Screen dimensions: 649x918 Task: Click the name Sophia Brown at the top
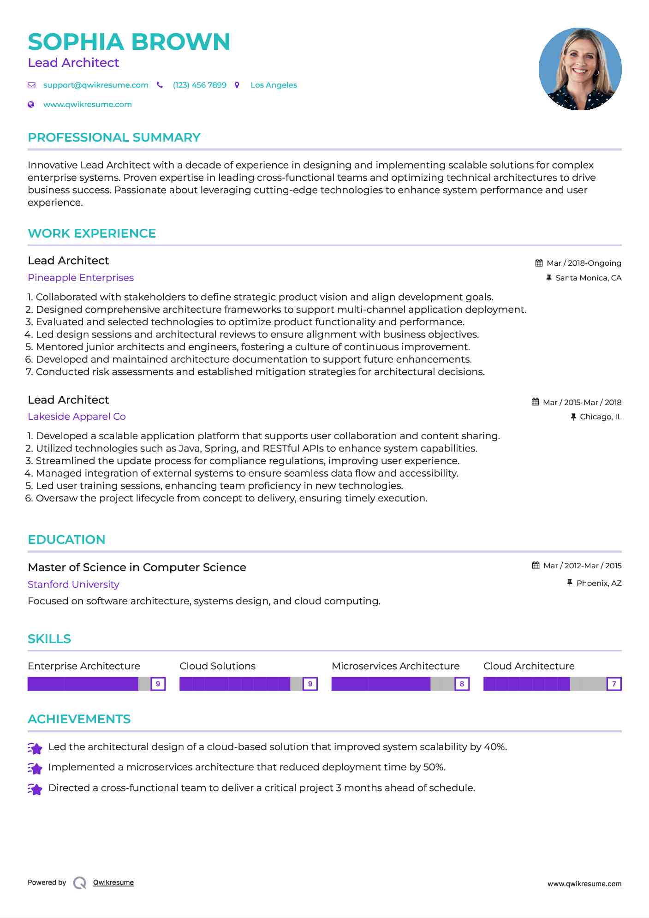click(x=129, y=42)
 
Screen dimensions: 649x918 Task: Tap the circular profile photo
click(x=580, y=69)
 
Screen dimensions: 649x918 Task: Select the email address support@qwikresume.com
click(x=96, y=85)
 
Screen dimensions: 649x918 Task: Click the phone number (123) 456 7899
click(x=199, y=85)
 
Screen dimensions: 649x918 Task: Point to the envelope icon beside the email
click(x=31, y=85)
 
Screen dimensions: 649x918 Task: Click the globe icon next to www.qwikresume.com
click(x=31, y=105)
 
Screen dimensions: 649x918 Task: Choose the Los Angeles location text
click(x=274, y=85)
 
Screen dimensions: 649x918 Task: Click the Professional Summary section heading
click(x=114, y=137)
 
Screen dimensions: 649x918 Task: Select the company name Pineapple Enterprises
click(x=81, y=278)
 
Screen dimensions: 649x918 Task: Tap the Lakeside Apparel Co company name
click(x=77, y=417)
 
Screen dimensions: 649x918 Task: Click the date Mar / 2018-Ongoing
click(x=584, y=263)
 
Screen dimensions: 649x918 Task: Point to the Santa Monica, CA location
click(x=588, y=278)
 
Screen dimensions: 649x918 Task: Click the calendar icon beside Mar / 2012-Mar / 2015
click(x=536, y=566)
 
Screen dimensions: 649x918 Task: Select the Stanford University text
click(x=73, y=584)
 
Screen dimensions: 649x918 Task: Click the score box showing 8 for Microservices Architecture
click(x=462, y=684)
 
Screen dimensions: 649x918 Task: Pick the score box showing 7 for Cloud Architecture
click(x=614, y=684)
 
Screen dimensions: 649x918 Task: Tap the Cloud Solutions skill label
click(x=217, y=666)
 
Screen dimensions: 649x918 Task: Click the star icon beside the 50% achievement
click(x=35, y=768)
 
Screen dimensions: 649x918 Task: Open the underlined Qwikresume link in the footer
click(x=113, y=882)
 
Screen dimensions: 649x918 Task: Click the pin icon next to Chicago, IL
click(x=573, y=417)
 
